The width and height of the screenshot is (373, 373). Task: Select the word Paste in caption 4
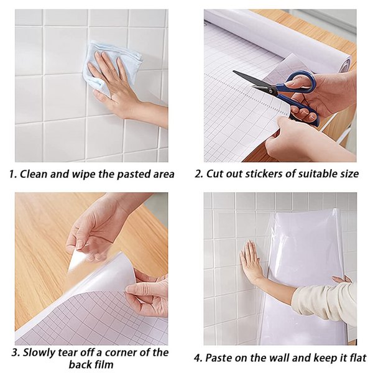tap(218, 358)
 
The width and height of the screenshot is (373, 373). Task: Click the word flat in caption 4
tap(357, 358)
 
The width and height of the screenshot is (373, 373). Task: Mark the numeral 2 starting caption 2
tap(198, 174)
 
